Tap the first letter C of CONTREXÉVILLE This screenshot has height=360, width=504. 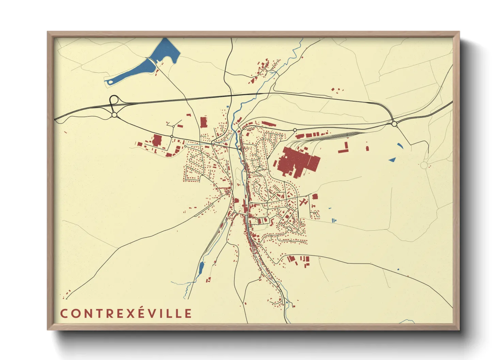pyautogui.click(x=64, y=313)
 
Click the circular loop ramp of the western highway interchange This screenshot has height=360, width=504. pyautogui.click(x=114, y=100)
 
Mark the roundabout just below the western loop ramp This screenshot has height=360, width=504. pyautogui.click(x=114, y=115)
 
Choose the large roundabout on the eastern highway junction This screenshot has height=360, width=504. pyautogui.click(x=394, y=124)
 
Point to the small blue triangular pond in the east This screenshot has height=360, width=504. pyautogui.click(x=392, y=160)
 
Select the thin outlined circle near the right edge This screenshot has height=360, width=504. pyautogui.click(x=424, y=165)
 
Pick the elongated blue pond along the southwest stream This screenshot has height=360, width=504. pyautogui.click(x=201, y=268)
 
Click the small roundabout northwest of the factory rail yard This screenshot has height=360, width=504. pyautogui.click(x=295, y=130)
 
